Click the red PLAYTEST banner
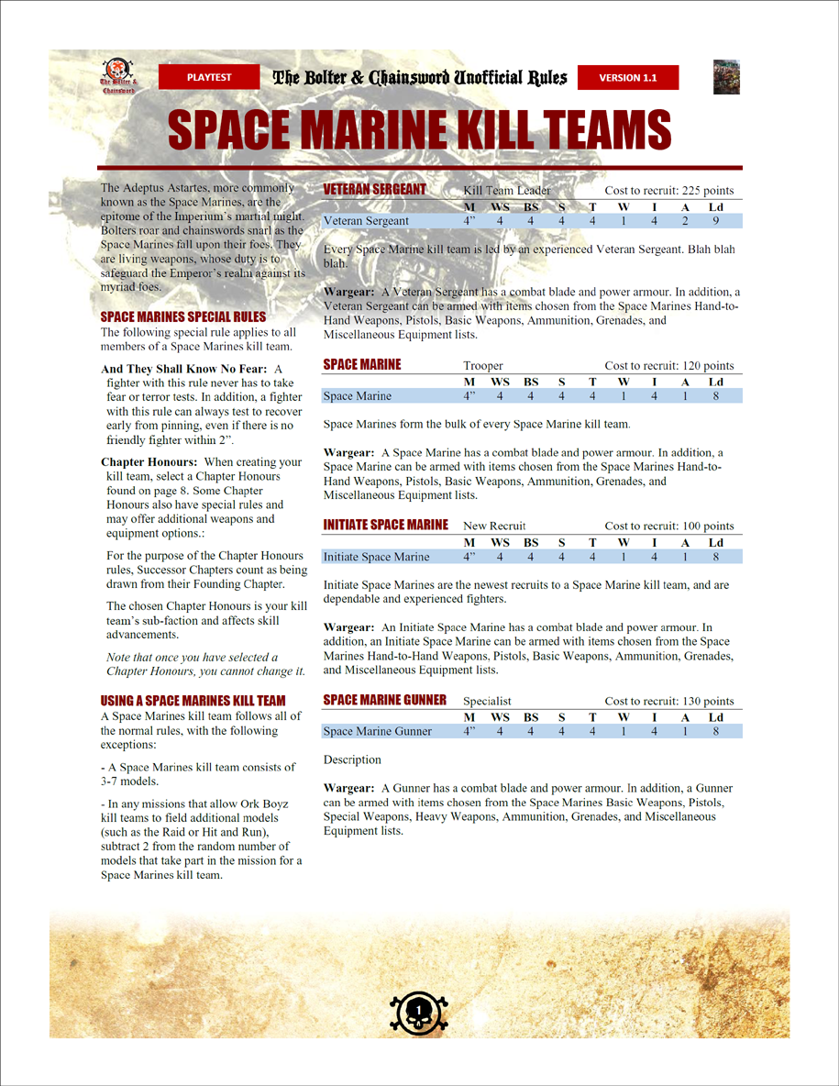tap(210, 78)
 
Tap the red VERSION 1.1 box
tap(628, 78)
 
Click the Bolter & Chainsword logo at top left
tap(116, 76)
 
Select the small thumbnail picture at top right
tap(726, 77)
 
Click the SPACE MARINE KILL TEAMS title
tap(420, 131)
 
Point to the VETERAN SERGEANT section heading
tap(375, 190)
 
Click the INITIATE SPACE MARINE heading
tap(386, 525)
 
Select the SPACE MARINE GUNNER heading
tap(385, 701)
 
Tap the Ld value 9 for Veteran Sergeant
tap(716, 221)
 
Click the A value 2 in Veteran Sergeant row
tap(684, 221)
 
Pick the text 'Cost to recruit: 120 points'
tap(669, 366)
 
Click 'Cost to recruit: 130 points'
tap(669, 702)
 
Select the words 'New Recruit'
tap(495, 526)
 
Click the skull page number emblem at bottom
tap(419, 1012)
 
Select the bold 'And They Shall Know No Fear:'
tap(184, 370)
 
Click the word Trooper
tap(483, 366)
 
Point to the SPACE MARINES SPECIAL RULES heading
tap(183, 317)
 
